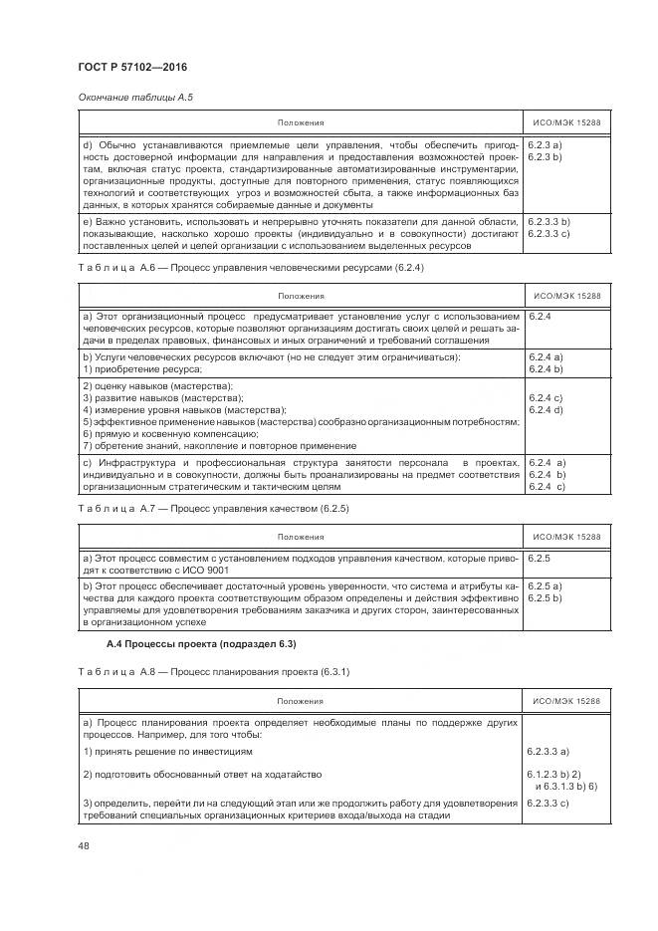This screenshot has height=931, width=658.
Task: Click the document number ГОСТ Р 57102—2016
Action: (132, 67)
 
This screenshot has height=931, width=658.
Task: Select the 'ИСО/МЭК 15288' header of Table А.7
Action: (567, 537)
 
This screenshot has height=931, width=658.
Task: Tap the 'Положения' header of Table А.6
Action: (301, 297)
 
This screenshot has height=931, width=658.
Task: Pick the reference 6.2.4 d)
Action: (547, 409)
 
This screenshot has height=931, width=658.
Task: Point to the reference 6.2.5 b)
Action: (546, 597)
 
